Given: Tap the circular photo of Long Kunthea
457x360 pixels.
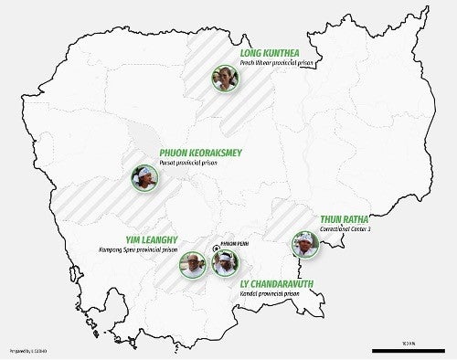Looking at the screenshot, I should (x=223, y=78).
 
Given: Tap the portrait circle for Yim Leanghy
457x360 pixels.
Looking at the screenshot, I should (x=194, y=265).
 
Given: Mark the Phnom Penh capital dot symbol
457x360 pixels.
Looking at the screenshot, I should (x=215, y=246).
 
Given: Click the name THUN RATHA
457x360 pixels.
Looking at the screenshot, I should (x=345, y=219).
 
